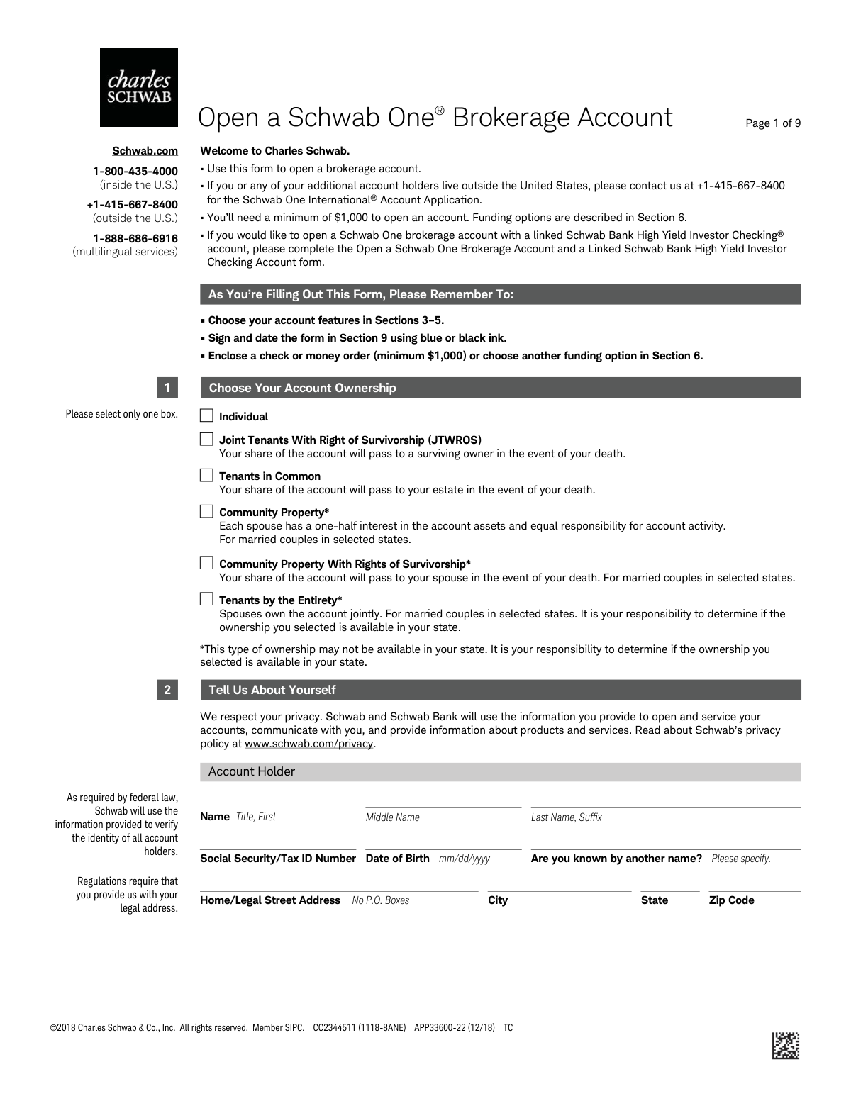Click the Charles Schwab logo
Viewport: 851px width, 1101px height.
[139, 87]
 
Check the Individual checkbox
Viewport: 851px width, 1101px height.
[206, 415]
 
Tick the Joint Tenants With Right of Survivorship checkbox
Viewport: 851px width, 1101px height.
[206, 439]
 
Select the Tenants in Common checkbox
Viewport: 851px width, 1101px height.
[206, 475]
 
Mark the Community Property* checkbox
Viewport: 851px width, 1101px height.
[206, 511]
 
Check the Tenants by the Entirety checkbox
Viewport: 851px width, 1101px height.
[206, 599]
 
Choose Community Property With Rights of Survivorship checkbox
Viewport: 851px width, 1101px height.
[206, 563]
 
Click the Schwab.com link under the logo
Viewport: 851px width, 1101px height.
[145, 151]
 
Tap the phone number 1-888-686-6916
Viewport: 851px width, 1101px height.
[135, 238]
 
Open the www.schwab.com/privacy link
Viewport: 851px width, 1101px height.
[308, 744]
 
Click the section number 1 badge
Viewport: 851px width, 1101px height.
[167, 388]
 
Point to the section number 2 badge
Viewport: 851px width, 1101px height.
[167, 690]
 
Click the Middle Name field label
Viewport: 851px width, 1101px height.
[393, 817]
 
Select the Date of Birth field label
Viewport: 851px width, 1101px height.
[398, 859]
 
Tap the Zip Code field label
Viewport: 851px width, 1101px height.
[731, 900]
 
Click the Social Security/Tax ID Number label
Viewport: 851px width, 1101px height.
[278, 859]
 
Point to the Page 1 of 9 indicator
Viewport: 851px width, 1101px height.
[773, 123]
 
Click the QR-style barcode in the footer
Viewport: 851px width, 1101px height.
[786, 1046]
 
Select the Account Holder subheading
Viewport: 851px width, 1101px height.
[252, 771]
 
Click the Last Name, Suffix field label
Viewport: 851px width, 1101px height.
[567, 817]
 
